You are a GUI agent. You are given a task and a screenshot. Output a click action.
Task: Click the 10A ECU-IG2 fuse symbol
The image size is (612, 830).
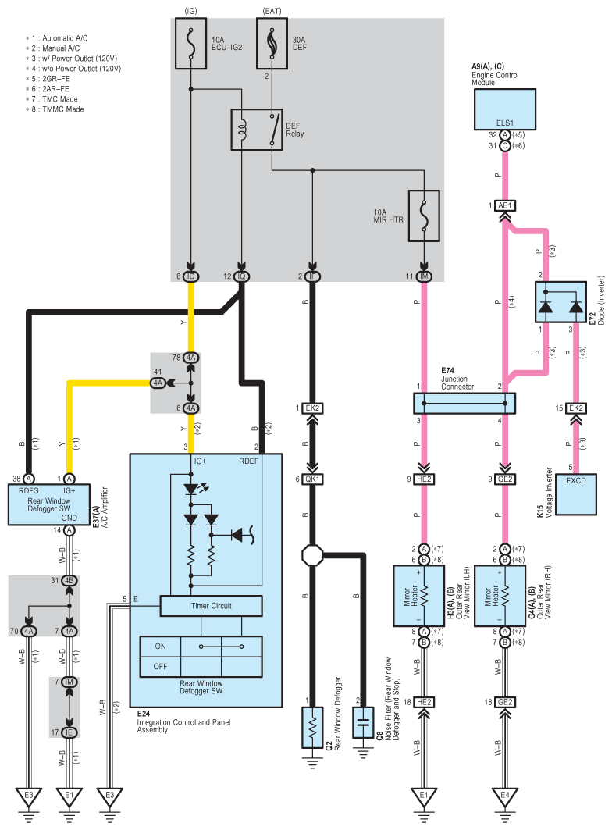pos(190,44)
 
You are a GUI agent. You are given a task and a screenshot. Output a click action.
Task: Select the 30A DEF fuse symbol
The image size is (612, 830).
pos(272,44)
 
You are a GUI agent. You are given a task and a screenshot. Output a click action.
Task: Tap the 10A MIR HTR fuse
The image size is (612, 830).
pos(424,216)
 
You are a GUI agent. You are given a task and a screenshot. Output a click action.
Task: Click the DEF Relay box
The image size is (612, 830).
pos(256,129)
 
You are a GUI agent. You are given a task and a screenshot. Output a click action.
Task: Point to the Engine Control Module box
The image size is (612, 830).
pos(504,109)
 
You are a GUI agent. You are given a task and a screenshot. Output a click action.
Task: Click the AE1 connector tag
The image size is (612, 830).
pos(505,205)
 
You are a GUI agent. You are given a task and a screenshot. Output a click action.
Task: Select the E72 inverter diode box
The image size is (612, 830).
pos(560,301)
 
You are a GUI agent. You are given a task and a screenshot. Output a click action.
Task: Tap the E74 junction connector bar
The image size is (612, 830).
pos(464,404)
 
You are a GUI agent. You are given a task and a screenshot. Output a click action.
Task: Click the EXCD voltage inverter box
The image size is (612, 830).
pos(576,494)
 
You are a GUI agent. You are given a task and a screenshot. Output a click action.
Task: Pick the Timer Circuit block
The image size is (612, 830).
pos(211,606)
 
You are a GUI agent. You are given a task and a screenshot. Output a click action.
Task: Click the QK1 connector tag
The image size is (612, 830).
pos(312,479)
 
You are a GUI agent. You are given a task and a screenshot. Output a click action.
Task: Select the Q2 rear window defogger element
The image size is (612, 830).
pos(312,727)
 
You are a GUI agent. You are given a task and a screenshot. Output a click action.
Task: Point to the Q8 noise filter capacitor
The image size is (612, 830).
pos(363,722)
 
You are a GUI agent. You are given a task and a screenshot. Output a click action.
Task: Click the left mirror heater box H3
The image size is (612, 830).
pos(418,596)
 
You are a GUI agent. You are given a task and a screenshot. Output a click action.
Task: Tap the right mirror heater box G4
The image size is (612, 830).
pos(500,596)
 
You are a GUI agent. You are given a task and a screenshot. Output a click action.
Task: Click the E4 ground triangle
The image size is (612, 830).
pos(505,796)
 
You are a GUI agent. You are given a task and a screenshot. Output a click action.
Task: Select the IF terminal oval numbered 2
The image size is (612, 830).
pos(312,276)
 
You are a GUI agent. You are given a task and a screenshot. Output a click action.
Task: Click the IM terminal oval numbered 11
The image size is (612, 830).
pos(424,276)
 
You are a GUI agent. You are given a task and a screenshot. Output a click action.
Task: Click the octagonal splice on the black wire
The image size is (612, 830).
pos(312,556)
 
